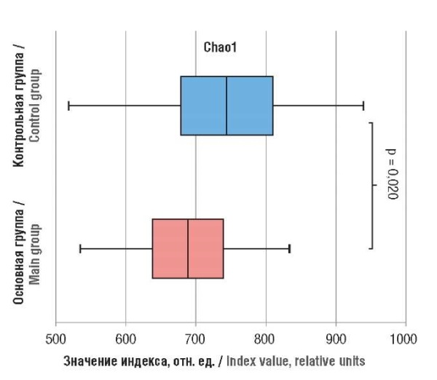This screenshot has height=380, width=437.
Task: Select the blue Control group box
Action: click(x=204, y=106)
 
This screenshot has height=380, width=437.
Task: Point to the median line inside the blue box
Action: click(x=227, y=106)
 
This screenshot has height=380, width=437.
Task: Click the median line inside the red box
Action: click(x=188, y=248)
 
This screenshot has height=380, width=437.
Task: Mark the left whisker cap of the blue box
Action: click(x=68, y=106)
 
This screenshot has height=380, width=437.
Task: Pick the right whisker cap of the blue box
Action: click(x=363, y=106)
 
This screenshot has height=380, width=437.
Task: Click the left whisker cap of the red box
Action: click(x=79, y=248)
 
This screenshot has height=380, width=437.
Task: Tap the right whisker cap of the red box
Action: click(x=290, y=248)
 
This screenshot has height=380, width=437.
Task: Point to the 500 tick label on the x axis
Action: click(x=55, y=339)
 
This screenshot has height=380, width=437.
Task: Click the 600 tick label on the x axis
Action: click(x=126, y=339)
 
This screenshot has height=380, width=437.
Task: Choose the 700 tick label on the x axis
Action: click(x=196, y=339)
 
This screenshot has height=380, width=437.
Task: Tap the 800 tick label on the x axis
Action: click(x=266, y=339)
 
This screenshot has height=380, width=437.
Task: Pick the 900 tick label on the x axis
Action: click(x=336, y=339)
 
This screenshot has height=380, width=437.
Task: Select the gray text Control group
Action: click(x=36, y=105)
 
